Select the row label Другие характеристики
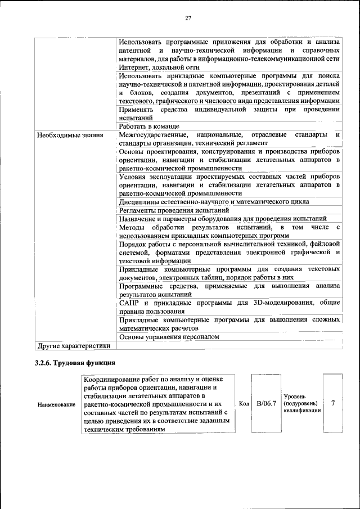tap(73, 345)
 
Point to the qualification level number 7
tap(334, 403)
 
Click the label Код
tap(244, 404)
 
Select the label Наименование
tap(56, 404)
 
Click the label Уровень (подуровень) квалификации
tap(300, 403)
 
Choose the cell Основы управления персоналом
tap(169, 336)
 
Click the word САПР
tap(130, 303)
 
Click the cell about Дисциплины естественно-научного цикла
tap(214, 201)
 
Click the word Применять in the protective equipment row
tap(138, 109)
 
